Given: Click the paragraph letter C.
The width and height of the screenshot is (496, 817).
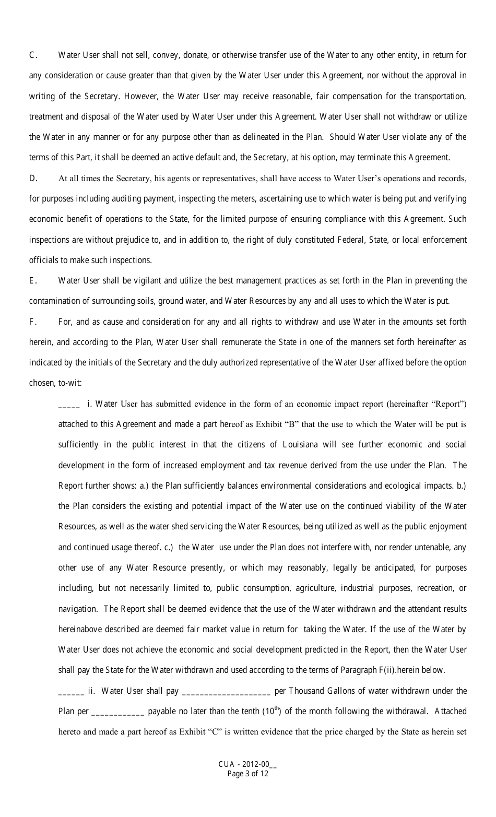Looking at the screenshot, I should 32,55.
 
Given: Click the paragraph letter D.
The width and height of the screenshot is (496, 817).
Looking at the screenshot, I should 33,179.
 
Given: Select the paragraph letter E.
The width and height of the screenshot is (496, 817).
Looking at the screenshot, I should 32,281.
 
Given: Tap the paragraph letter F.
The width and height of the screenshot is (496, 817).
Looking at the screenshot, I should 32,322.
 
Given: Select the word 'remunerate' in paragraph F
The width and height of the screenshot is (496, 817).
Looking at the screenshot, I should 244,342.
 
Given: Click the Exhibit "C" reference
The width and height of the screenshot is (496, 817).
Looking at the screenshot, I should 202,731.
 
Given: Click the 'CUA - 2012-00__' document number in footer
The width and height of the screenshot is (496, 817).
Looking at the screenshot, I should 247,765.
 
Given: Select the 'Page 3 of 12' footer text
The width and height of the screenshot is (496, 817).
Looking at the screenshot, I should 247,774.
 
